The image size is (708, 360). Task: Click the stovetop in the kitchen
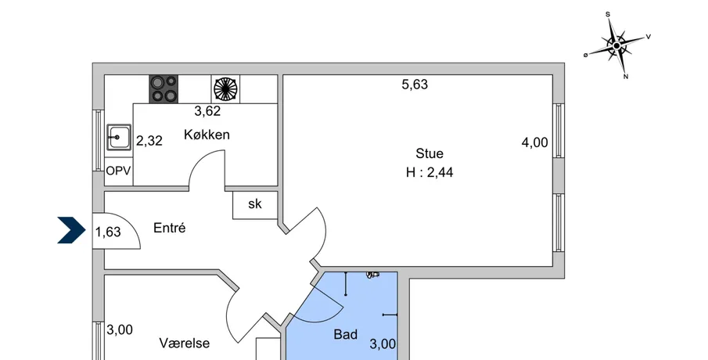coord(164,88)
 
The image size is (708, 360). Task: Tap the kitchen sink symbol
coord(119,137)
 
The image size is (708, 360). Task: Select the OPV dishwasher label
coord(118,171)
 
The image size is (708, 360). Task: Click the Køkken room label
coord(207,135)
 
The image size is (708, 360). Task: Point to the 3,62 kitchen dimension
coord(207,111)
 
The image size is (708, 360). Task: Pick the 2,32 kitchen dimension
coord(149,141)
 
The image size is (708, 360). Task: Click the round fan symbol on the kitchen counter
coord(225,88)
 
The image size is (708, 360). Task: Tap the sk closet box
coord(255,204)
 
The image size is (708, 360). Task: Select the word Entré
coord(169,228)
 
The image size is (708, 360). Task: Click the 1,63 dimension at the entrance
coord(108,232)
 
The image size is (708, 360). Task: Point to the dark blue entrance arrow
coord(71,230)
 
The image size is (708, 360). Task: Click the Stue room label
coord(429,153)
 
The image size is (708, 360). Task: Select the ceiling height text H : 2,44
coord(429,172)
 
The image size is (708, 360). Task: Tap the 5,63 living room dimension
coord(415,85)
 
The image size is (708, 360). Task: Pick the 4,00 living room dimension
coord(534,142)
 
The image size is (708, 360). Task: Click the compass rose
coord(616,45)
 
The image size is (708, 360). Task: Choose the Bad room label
coord(346,335)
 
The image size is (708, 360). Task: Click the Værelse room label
coord(184,344)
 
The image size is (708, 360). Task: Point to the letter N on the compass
coord(626,77)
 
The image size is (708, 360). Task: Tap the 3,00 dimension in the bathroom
coord(383,344)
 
